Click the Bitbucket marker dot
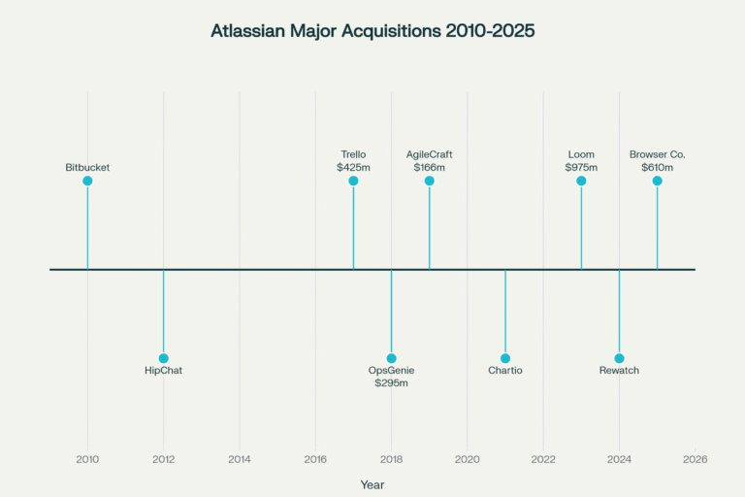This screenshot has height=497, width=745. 87,181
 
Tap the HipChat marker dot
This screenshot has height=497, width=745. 163,358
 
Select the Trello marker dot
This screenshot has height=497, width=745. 353,181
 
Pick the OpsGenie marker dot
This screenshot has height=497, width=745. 392,358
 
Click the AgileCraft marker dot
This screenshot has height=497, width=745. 429,181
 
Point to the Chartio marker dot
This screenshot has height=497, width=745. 505,358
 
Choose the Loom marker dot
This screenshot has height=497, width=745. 581,181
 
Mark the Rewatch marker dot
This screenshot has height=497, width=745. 619,358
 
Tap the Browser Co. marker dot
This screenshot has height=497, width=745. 657,181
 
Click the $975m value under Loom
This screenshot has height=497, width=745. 581,167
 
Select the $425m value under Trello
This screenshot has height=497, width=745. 353,167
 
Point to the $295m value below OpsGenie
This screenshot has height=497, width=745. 392,383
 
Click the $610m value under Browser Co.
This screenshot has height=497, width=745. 657,167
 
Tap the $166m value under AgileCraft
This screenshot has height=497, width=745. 429,167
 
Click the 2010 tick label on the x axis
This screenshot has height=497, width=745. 87,459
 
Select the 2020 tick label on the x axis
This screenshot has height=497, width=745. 468,459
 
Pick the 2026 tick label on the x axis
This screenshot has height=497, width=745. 695,459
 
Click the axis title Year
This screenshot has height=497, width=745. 372,483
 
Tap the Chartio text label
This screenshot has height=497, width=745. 505,371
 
